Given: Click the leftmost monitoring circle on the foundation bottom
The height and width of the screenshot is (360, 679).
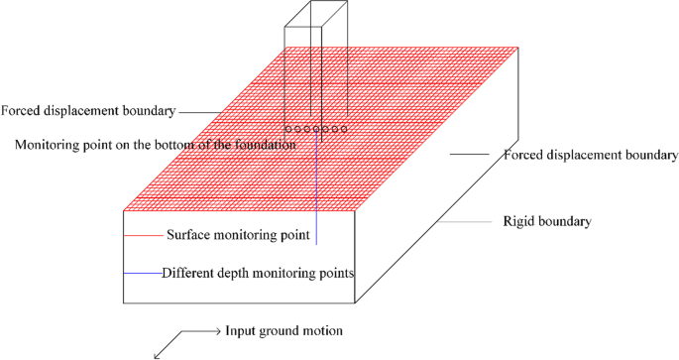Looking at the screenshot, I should click(288, 129).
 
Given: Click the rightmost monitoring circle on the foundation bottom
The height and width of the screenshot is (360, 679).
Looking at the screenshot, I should click(343, 129).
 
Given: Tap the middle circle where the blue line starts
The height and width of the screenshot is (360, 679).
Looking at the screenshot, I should click(316, 129).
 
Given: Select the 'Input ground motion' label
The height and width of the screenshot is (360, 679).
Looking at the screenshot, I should click(285, 330).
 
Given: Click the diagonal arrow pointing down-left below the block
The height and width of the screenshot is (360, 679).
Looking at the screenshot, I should click(165, 343).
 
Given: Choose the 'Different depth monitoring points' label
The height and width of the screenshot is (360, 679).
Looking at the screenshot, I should click(258, 271).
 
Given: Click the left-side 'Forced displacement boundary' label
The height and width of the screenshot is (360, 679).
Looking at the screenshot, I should click(89, 110).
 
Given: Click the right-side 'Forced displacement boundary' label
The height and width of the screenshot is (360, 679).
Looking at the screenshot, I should click(590, 155).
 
